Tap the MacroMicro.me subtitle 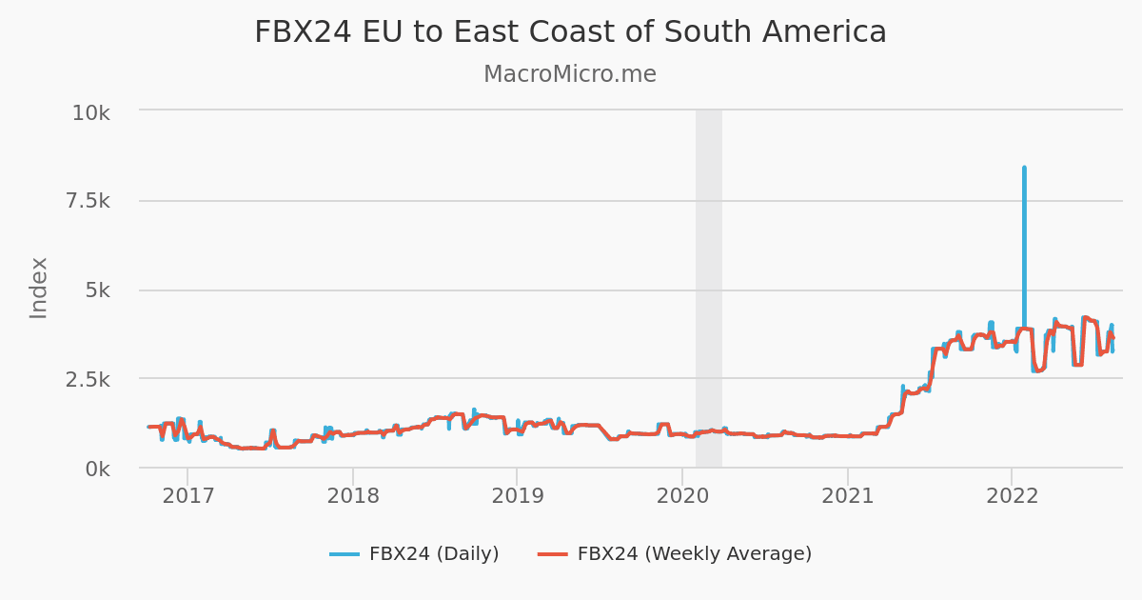[x=569, y=74]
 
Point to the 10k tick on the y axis [x=91, y=113]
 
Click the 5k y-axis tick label [x=97, y=291]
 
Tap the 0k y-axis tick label [x=97, y=470]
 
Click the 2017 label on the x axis [x=187, y=497]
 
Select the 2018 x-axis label [x=352, y=497]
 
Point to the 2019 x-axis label [x=517, y=497]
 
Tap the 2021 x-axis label [x=847, y=497]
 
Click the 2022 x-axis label [x=1012, y=497]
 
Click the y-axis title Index [x=39, y=288]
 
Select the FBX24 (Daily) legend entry [x=433, y=554]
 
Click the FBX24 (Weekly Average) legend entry [x=694, y=554]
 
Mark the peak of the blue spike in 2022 [x=1024, y=168]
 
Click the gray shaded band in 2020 [x=709, y=286]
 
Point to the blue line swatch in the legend [x=345, y=554]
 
